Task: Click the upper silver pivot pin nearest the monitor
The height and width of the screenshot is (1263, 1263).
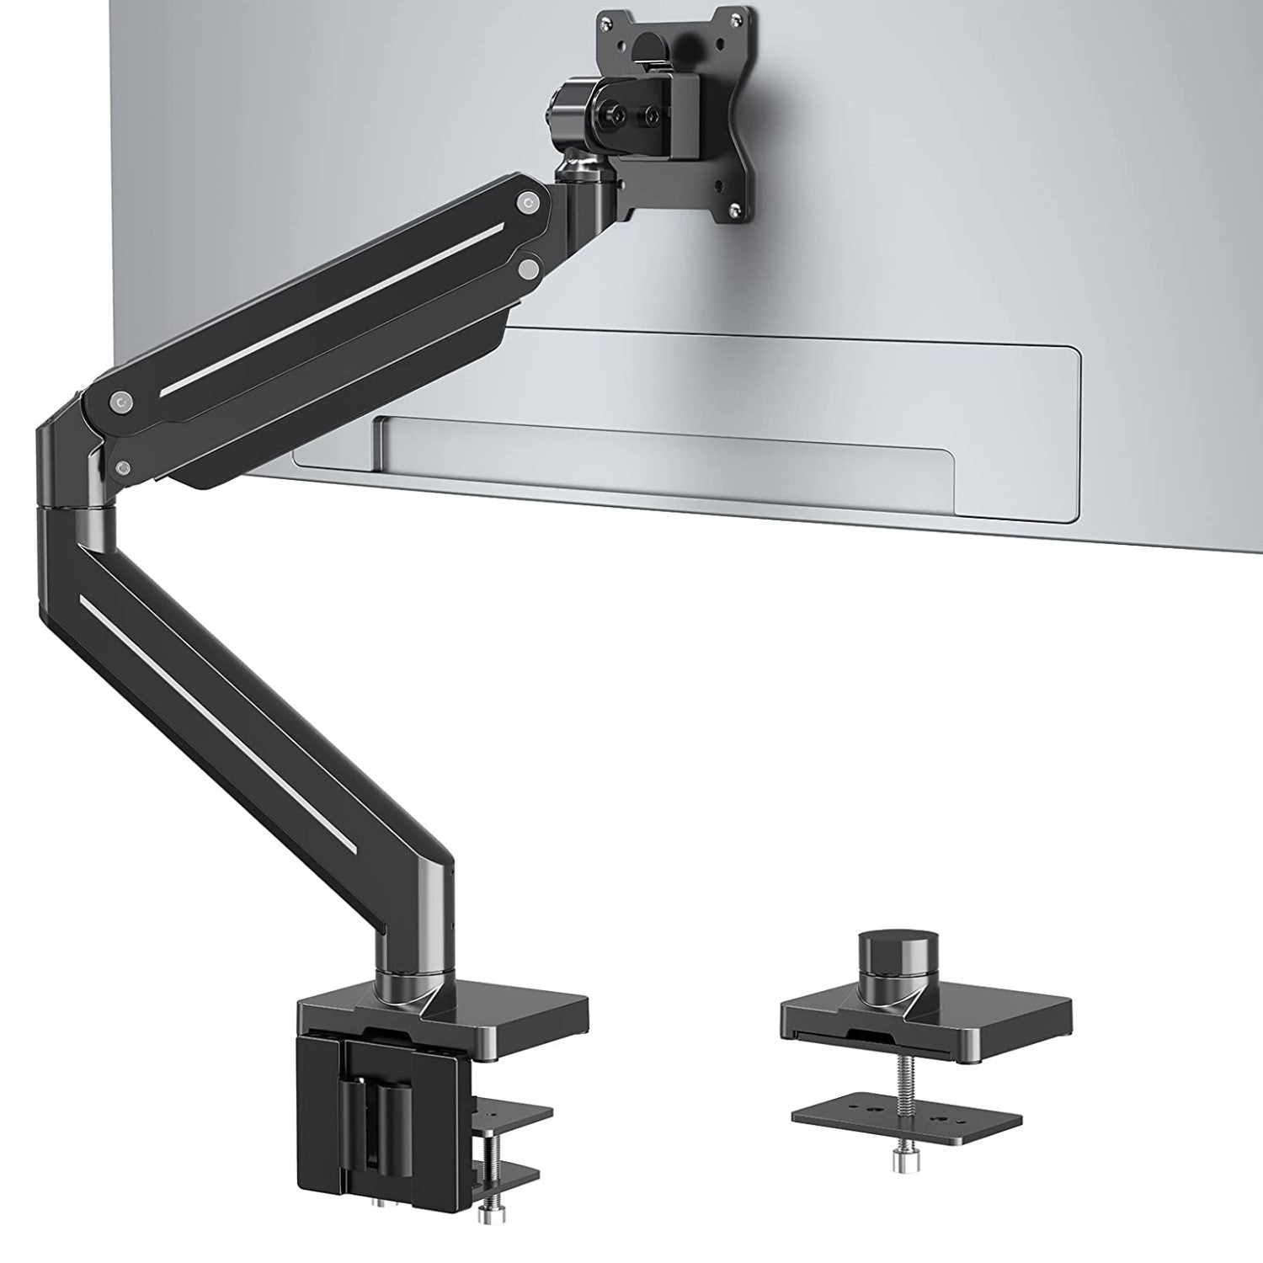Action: pyautogui.click(x=528, y=202)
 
